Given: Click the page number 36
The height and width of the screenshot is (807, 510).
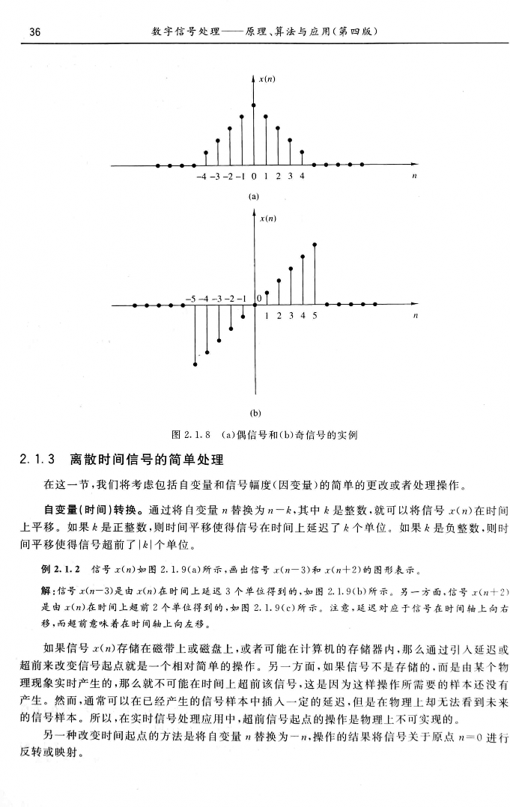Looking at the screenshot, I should pyautogui.click(x=34, y=33).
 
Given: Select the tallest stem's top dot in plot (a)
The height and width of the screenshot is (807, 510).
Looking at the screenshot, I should pyautogui.click(x=254, y=106).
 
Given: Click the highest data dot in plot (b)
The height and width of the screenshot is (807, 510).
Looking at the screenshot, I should pyautogui.click(x=315, y=244).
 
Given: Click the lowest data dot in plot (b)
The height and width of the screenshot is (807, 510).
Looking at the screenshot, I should pyautogui.click(x=195, y=365).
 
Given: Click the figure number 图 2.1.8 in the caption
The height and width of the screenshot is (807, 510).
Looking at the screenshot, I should pyautogui.click(x=191, y=435).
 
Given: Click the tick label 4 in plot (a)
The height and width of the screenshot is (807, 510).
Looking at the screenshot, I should pyautogui.click(x=303, y=177).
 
